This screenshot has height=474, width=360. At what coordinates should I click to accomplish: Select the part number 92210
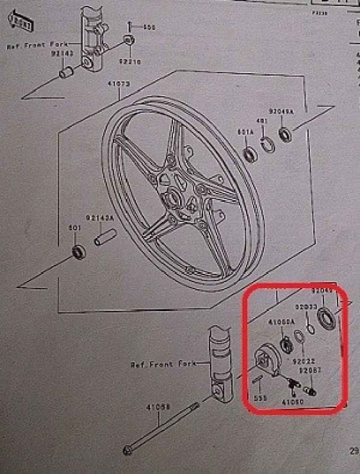[130, 61]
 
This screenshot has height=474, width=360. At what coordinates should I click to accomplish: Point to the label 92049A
[281, 111]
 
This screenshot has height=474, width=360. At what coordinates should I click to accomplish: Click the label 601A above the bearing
[246, 132]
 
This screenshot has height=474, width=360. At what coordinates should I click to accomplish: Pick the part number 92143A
[99, 217]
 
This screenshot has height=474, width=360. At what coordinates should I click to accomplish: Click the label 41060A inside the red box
[281, 323]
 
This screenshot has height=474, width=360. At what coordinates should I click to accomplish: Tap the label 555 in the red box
[260, 398]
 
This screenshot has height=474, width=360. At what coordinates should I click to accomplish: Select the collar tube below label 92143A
[105, 237]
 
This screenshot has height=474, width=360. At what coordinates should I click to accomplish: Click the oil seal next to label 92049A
[285, 133]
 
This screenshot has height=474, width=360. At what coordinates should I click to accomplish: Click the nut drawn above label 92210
[128, 39]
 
